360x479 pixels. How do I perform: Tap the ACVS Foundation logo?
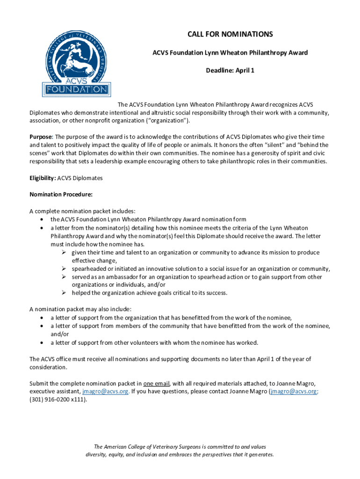click(x=76, y=64)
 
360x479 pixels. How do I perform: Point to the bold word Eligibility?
click(x=43, y=178)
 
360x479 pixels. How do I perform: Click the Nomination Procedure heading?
click(x=61, y=194)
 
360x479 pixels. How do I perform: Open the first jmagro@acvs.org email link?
click(x=105, y=392)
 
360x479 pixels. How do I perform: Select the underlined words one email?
click(x=157, y=384)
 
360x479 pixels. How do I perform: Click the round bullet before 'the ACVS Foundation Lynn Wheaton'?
click(x=43, y=219)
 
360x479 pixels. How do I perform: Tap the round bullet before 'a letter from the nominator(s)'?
click(x=43, y=228)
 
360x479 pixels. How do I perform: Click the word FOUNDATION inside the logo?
click(x=76, y=89)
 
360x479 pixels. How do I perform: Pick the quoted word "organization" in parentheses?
click(x=162, y=121)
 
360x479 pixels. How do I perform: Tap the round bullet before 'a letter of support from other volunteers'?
click(x=43, y=343)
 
